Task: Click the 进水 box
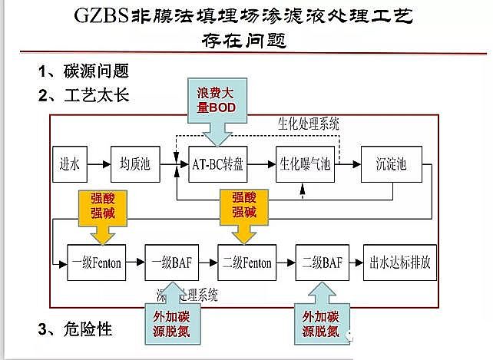pyautogui.click(x=69, y=163)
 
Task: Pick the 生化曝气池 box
pyautogui.click(x=305, y=163)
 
